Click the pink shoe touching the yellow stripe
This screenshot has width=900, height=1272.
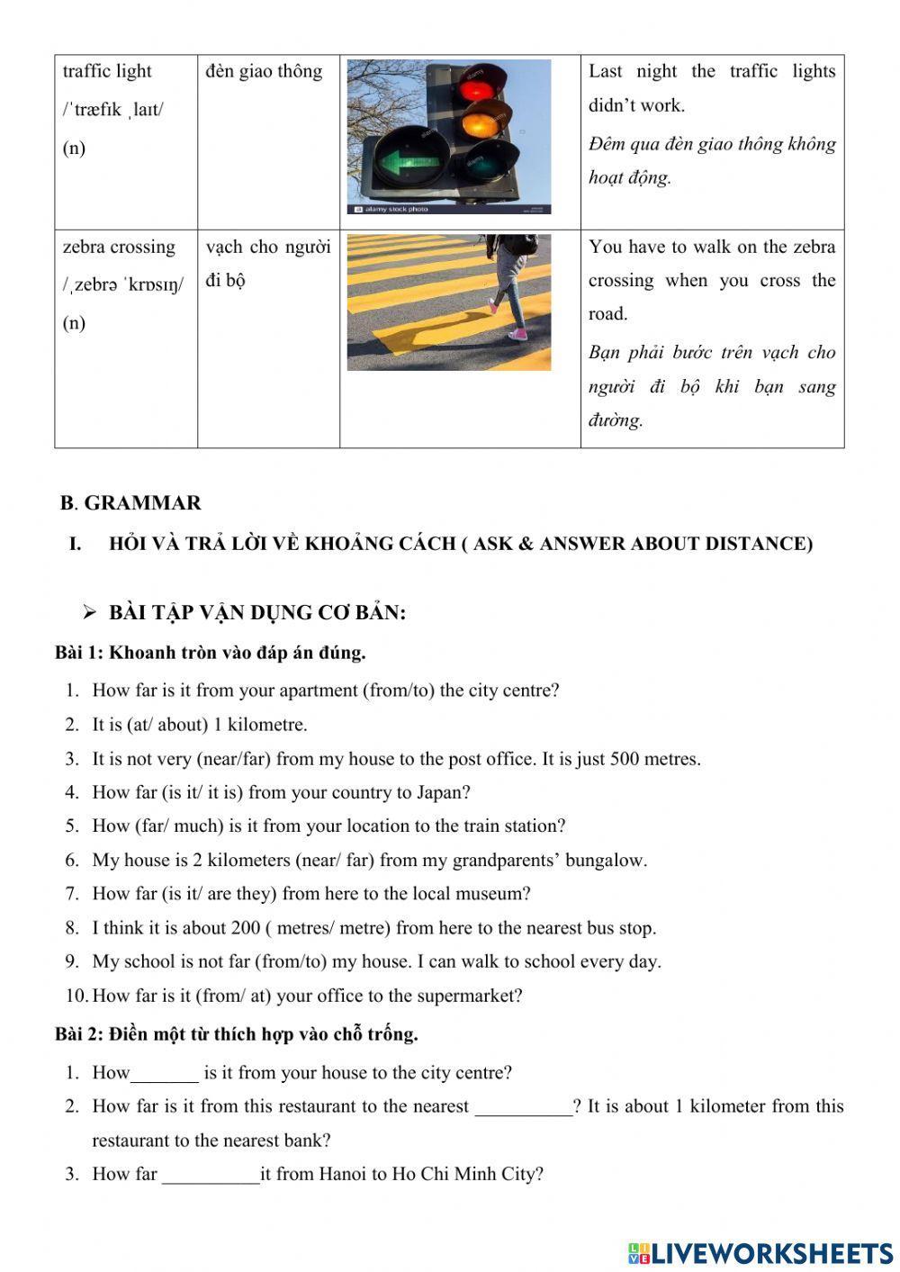point(517,335)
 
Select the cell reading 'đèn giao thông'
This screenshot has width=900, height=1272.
point(264,71)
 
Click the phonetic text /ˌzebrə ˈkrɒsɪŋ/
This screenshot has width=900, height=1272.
point(123,285)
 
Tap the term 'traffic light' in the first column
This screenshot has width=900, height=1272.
point(107,71)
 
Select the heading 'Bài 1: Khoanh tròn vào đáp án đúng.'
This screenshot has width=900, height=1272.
point(211,653)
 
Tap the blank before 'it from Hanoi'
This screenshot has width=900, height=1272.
point(211,1176)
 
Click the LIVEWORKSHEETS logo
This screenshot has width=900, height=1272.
point(760,1253)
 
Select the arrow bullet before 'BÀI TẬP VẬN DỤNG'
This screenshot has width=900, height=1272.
point(89,613)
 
